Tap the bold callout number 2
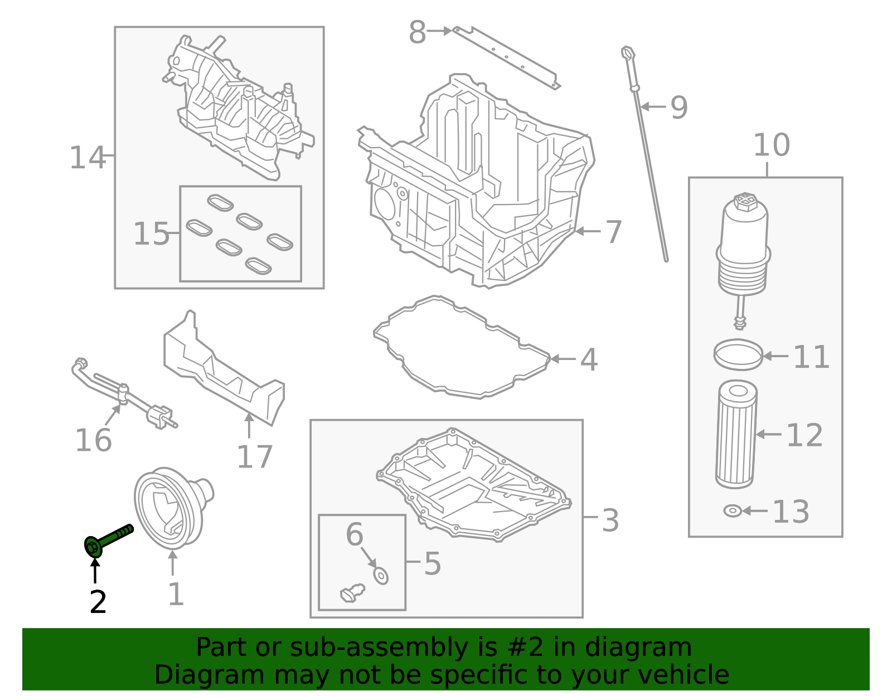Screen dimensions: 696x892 (x=98, y=602)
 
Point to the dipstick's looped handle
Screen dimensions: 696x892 (x=628, y=53)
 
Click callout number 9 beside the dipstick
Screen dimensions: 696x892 (x=678, y=108)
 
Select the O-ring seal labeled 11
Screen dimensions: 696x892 (x=738, y=354)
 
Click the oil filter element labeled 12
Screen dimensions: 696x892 (x=736, y=434)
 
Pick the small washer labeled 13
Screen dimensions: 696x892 (x=732, y=510)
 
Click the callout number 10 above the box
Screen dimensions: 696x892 (x=771, y=145)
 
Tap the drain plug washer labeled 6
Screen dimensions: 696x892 (x=381, y=576)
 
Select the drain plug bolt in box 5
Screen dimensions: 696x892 (x=352, y=592)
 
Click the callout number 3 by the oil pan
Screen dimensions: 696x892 (x=610, y=520)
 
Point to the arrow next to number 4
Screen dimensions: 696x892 (x=563, y=359)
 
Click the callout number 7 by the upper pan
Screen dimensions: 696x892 (x=613, y=232)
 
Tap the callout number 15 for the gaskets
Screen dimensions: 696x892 (x=151, y=234)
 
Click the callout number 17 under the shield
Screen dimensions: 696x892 (x=254, y=457)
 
